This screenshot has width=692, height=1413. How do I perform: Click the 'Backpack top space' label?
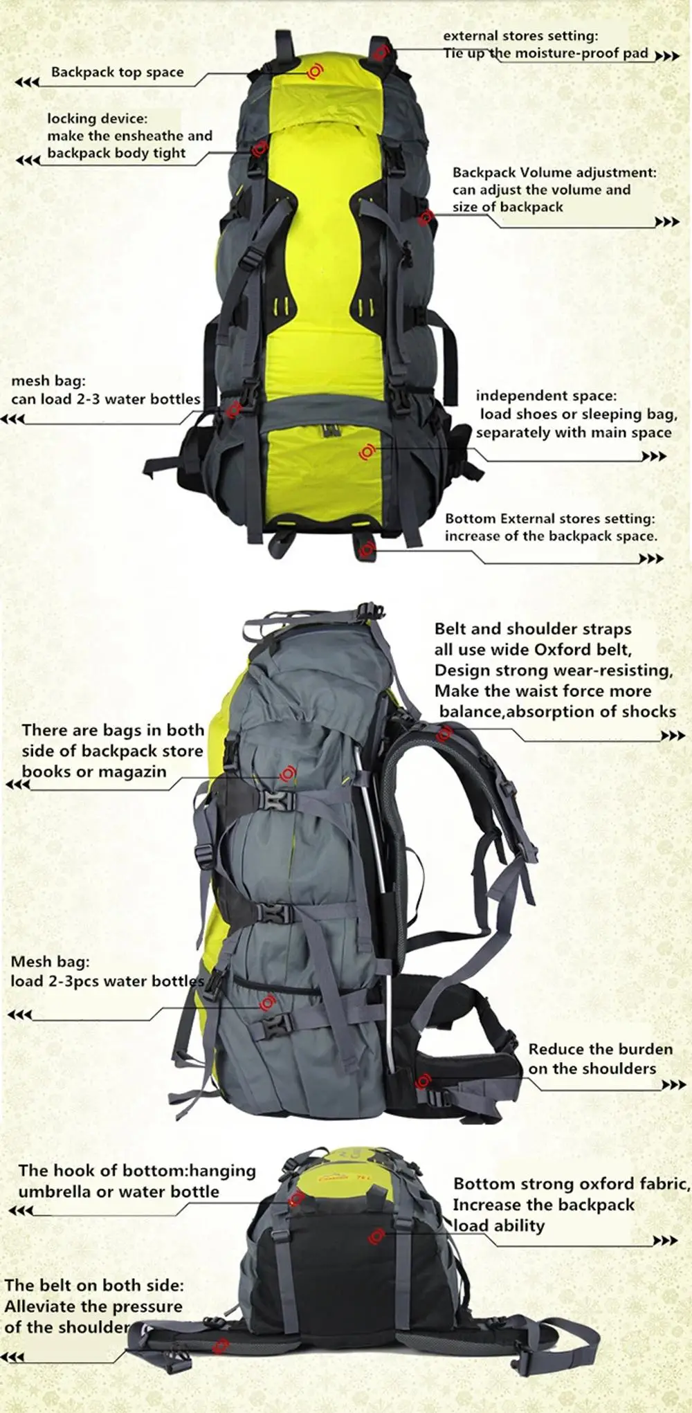117,72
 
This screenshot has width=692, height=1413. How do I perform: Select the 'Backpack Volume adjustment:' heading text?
554,172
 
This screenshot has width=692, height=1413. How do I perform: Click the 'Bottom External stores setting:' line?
549,518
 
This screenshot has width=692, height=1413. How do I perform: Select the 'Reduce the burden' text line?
600,1049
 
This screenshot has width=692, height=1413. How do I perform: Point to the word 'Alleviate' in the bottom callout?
39,1306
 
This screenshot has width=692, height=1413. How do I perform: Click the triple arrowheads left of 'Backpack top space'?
27,82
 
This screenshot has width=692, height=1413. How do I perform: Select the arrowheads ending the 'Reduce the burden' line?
673,1086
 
